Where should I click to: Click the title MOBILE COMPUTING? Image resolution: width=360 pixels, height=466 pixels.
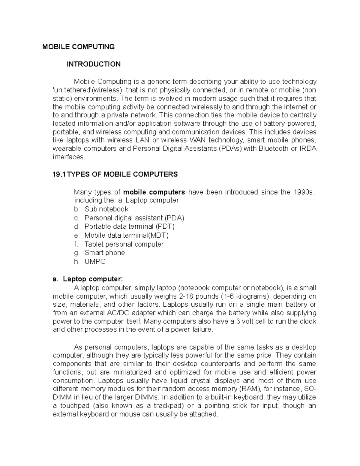point(78,47)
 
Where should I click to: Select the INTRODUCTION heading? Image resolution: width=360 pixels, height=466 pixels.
point(94,64)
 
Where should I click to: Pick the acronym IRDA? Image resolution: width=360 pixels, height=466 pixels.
point(308,149)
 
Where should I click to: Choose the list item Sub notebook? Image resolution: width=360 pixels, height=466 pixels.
point(106,209)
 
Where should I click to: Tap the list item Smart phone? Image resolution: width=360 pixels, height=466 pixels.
point(105,253)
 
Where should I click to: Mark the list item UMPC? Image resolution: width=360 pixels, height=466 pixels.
point(95,262)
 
